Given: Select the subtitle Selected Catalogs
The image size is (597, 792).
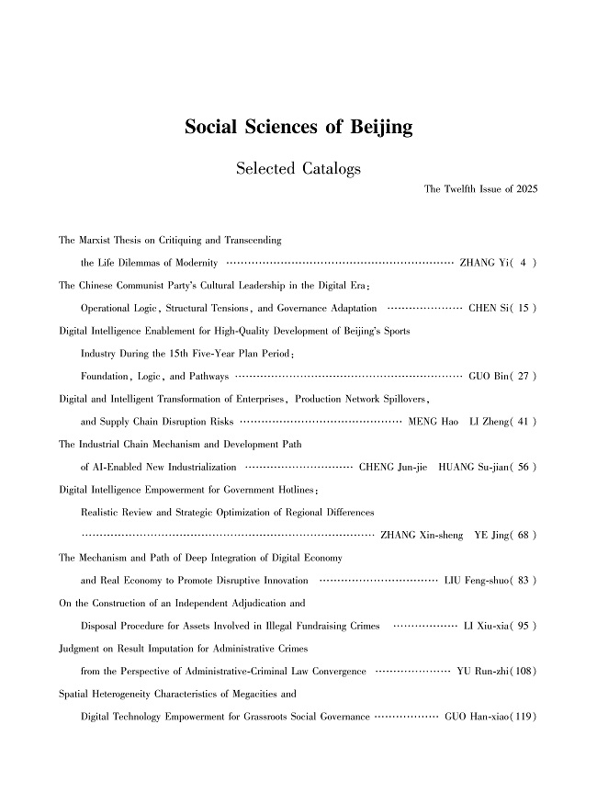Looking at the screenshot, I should tap(298, 169).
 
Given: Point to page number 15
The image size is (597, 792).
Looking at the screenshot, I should tap(520, 307).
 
